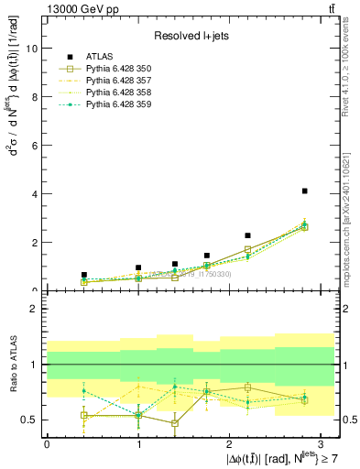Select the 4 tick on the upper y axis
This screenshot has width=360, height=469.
point(36,194)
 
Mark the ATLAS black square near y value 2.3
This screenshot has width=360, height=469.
point(247,235)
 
